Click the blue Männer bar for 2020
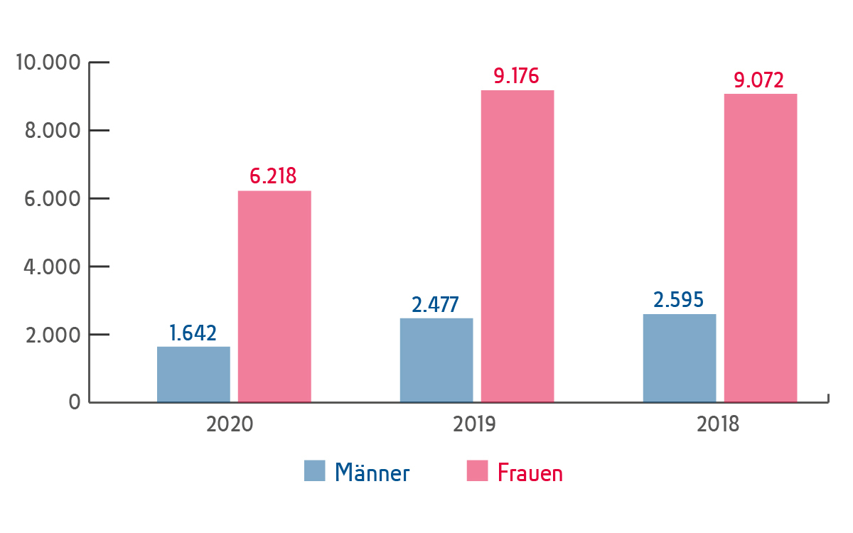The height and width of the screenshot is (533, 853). (193, 375)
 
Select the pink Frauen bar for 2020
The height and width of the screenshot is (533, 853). (274, 296)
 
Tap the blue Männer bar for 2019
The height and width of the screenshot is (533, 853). (436, 360)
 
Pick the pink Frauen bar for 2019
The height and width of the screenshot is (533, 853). (517, 246)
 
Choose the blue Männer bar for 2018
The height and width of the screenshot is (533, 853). (680, 358)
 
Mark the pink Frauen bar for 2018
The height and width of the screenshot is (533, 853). (761, 248)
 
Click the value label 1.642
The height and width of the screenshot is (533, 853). (193, 333)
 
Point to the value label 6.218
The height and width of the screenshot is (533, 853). (274, 176)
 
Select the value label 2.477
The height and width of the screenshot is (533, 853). (436, 304)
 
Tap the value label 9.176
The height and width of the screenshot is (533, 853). (517, 76)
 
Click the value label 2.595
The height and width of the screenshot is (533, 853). (679, 300)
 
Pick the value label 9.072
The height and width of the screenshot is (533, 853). (759, 80)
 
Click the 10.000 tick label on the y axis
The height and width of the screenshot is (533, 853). (47, 63)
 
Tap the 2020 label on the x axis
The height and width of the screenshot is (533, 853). (230, 424)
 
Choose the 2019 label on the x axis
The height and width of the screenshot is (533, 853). (475, 424)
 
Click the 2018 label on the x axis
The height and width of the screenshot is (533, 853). (718, 424)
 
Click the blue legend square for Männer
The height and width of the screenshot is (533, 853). (314, 470)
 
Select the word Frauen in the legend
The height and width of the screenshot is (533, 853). (530, 473)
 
